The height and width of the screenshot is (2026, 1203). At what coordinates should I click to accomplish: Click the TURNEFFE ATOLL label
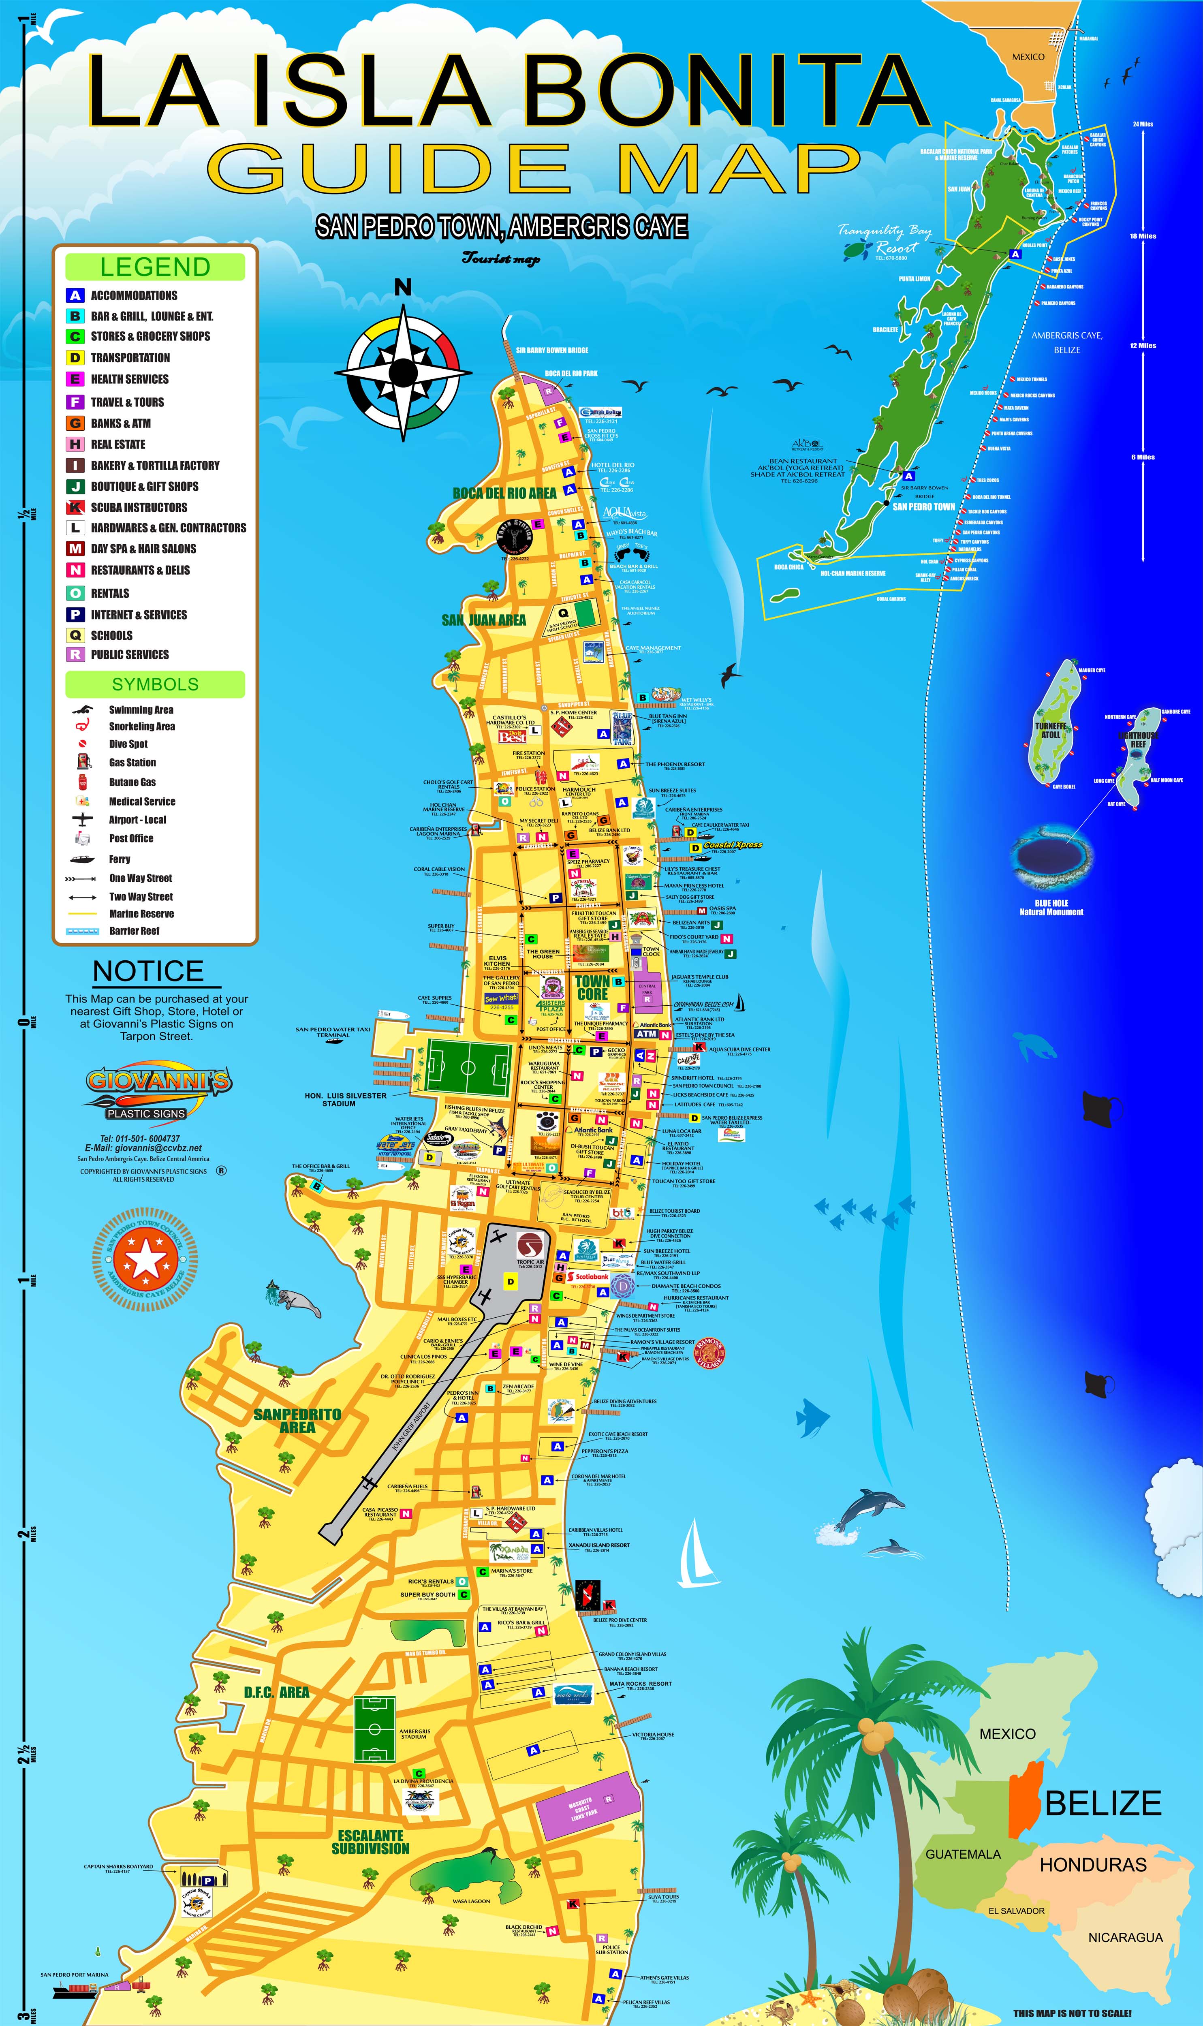coord(1051,730)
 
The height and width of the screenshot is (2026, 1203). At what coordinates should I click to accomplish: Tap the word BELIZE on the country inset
coord(1103,1803)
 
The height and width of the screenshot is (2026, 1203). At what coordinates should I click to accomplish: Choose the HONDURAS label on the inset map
coord(1093,1865)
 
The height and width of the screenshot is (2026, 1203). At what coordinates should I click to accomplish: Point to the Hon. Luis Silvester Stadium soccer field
coord(468,1066)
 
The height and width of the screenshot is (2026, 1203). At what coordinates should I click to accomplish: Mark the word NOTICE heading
coord(148,971)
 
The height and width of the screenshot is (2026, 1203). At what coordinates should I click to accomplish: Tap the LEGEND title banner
coord(155,267)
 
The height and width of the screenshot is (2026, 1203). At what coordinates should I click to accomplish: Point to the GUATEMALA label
coord(963,1854)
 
